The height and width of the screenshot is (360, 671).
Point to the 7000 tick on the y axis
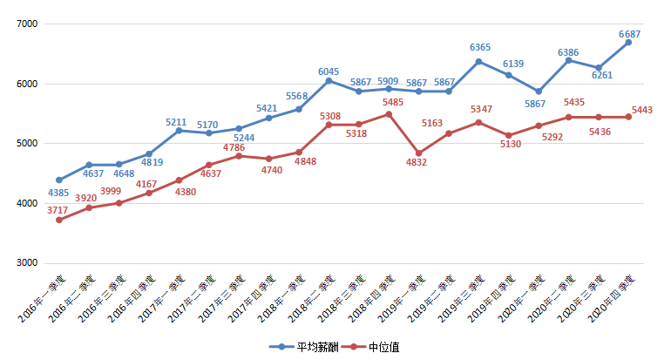tap(27, 24)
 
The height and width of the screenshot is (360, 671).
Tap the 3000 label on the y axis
tap(27, 263)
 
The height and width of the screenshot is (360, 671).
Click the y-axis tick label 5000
tap(27, 144)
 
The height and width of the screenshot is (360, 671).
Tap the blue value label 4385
tap(58, 193)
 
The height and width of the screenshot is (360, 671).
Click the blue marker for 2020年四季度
tap(629, 43)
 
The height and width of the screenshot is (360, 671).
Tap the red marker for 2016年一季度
tap(59, 220)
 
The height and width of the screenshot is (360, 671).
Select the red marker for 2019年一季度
tap(418, 153)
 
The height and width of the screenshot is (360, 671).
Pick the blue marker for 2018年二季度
tap(358, 91)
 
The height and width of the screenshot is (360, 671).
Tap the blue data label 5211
tap(179, 121)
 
